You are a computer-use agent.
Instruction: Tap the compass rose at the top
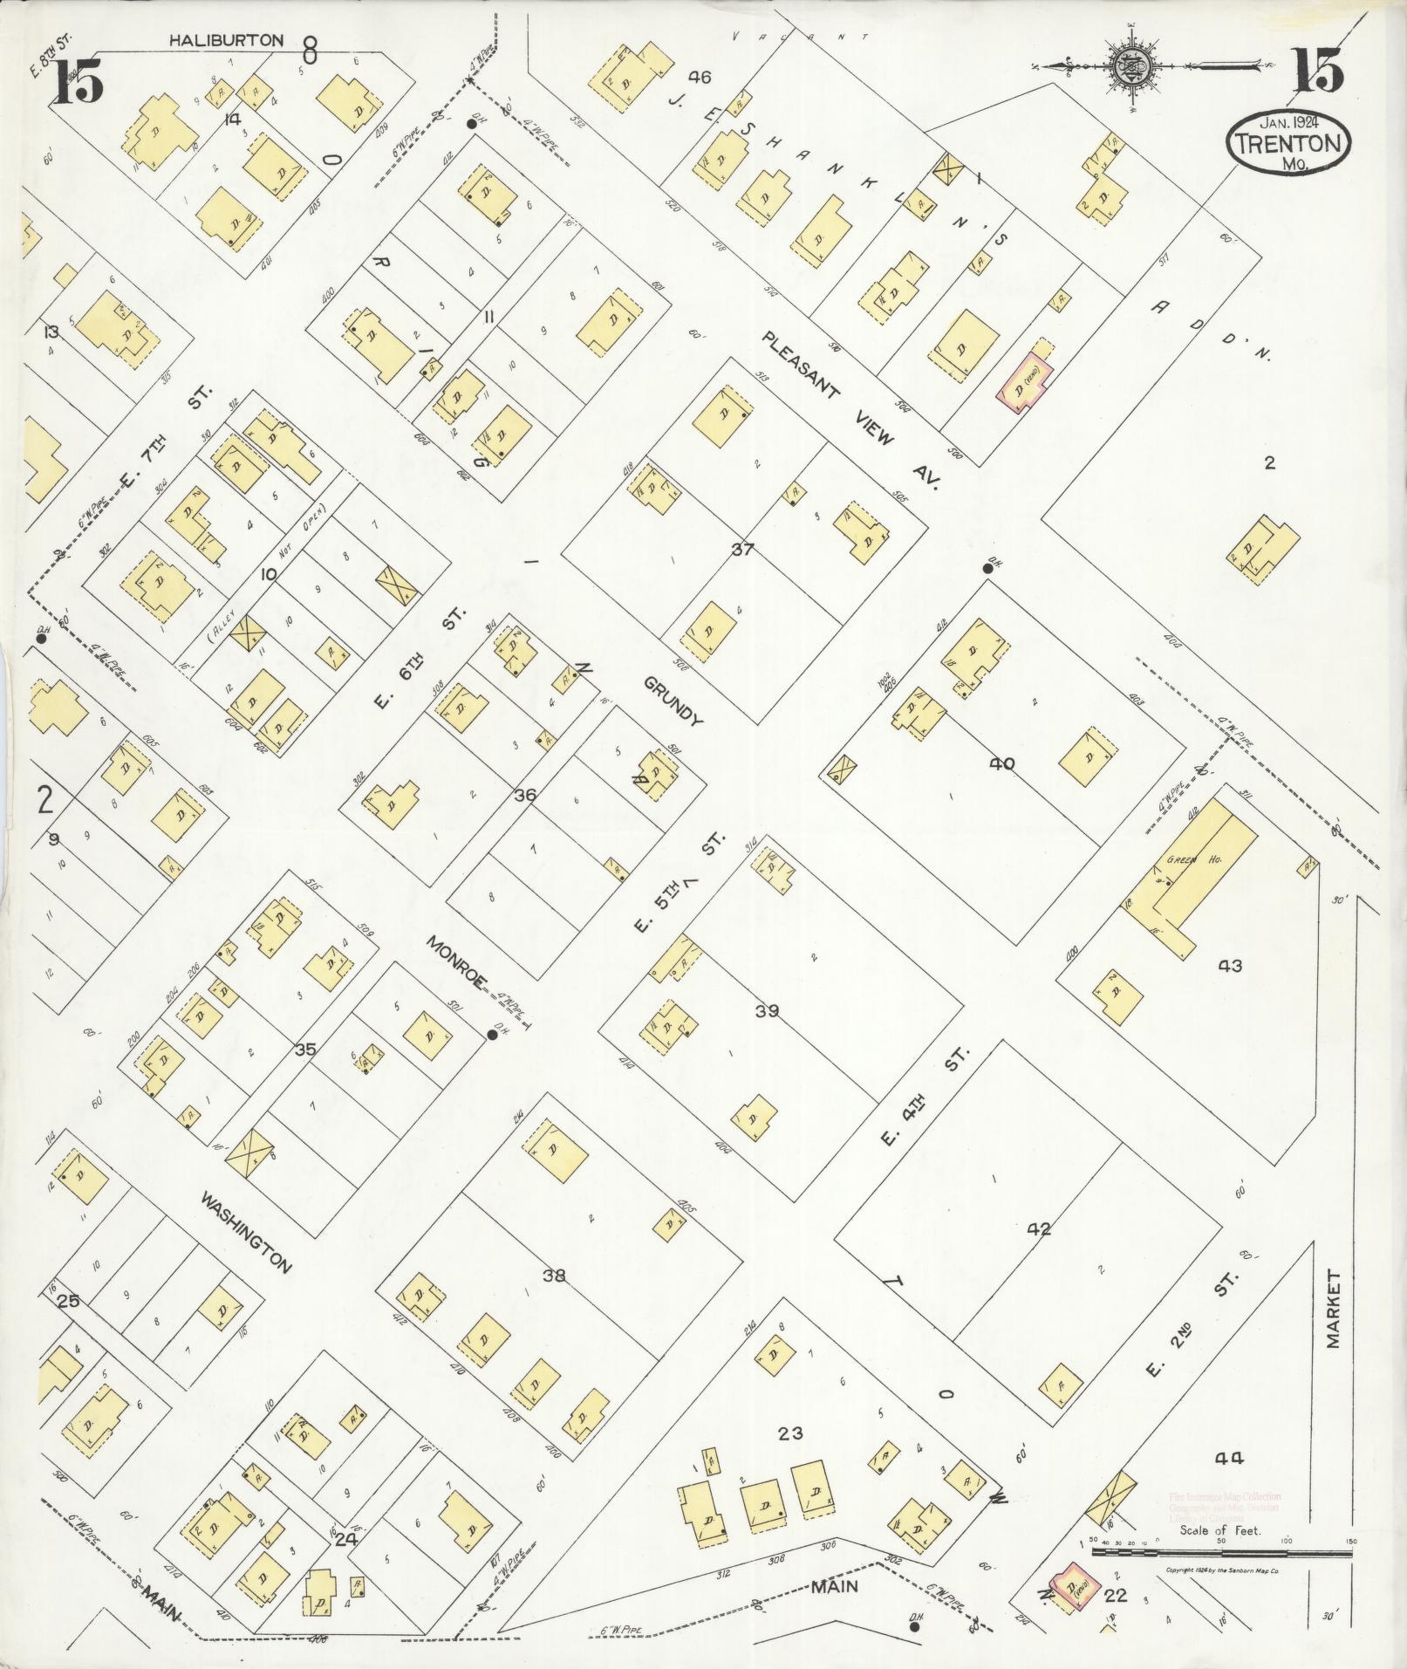[x=1130, y=65]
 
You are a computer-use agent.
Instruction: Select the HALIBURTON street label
[x=226, y=40]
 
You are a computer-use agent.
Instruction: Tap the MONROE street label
[x=455, y=961]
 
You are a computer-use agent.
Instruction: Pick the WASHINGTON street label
[x=246, y=1232]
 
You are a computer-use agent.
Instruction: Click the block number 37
[x=742, y=550]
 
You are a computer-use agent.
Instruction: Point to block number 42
[x=1038, y=1229]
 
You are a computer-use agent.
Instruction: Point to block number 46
[x=700, y=78]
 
